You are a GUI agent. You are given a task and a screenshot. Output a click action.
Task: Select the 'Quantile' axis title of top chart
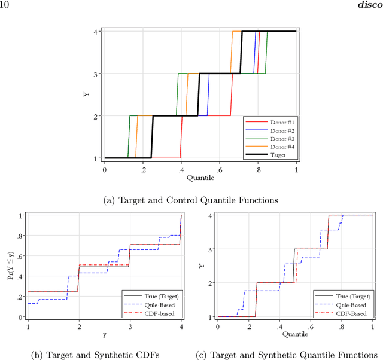[x=200, y=178]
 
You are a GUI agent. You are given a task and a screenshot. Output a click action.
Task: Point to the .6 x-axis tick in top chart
[x=219, y=170]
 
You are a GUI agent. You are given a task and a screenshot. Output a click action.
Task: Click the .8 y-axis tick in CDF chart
[x=20, y=236]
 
